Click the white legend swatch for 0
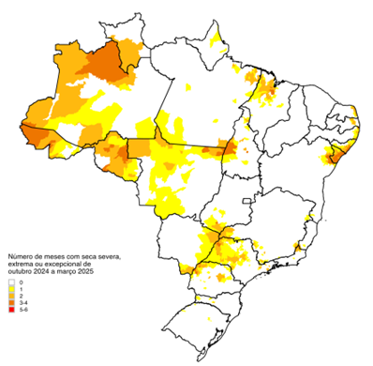pos(12,282)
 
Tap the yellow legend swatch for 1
pos(12,289)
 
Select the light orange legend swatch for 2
pos(12,296)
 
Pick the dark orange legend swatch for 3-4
pos(12,302)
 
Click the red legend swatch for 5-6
pos(12,309)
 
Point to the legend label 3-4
pos(22,302)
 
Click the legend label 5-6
pos(22,309)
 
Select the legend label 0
pos(21,282)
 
